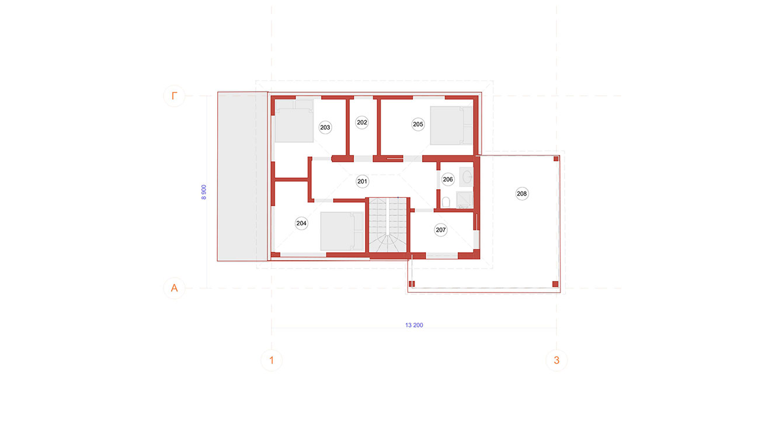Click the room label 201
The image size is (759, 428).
(362, 181)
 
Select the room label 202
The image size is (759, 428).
(362, 123)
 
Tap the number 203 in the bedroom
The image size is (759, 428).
(325, 127)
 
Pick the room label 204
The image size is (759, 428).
(301, 223)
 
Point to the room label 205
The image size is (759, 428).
(418, 124)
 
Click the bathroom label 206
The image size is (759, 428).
(448, 179)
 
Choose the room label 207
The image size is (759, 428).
(440, 230)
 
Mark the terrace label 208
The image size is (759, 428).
(522, 193)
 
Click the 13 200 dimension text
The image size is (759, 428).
(414, 325)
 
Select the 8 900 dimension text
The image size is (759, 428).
(204, 192)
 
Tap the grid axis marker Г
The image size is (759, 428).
(174, 96)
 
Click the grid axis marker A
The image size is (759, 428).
(174, 288)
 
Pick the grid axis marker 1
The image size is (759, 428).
(271, 360)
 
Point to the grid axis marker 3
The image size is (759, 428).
(556, 360)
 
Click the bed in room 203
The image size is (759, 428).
(294, 121)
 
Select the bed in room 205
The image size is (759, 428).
(451, 126)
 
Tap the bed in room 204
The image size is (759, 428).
(342, 231)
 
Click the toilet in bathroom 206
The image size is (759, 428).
(446, 202)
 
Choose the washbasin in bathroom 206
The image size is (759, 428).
(466, 177)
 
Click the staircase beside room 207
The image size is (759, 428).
(388, 225)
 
